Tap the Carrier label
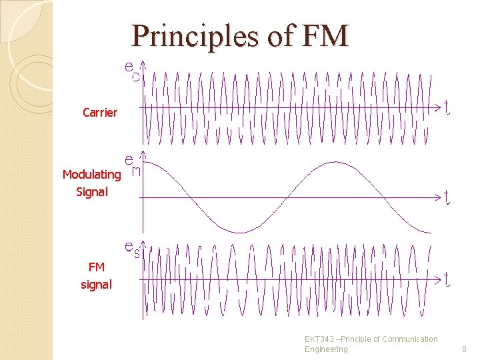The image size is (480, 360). [100, 112]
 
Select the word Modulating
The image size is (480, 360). [91, 175]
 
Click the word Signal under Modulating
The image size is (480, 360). [91, 192]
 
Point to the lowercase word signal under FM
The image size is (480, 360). [96, 285]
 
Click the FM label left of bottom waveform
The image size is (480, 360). [96, 267]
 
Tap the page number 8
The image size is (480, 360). [465, 349]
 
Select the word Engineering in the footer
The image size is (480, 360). [326, 349]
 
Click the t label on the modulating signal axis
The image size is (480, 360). [447, 197]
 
